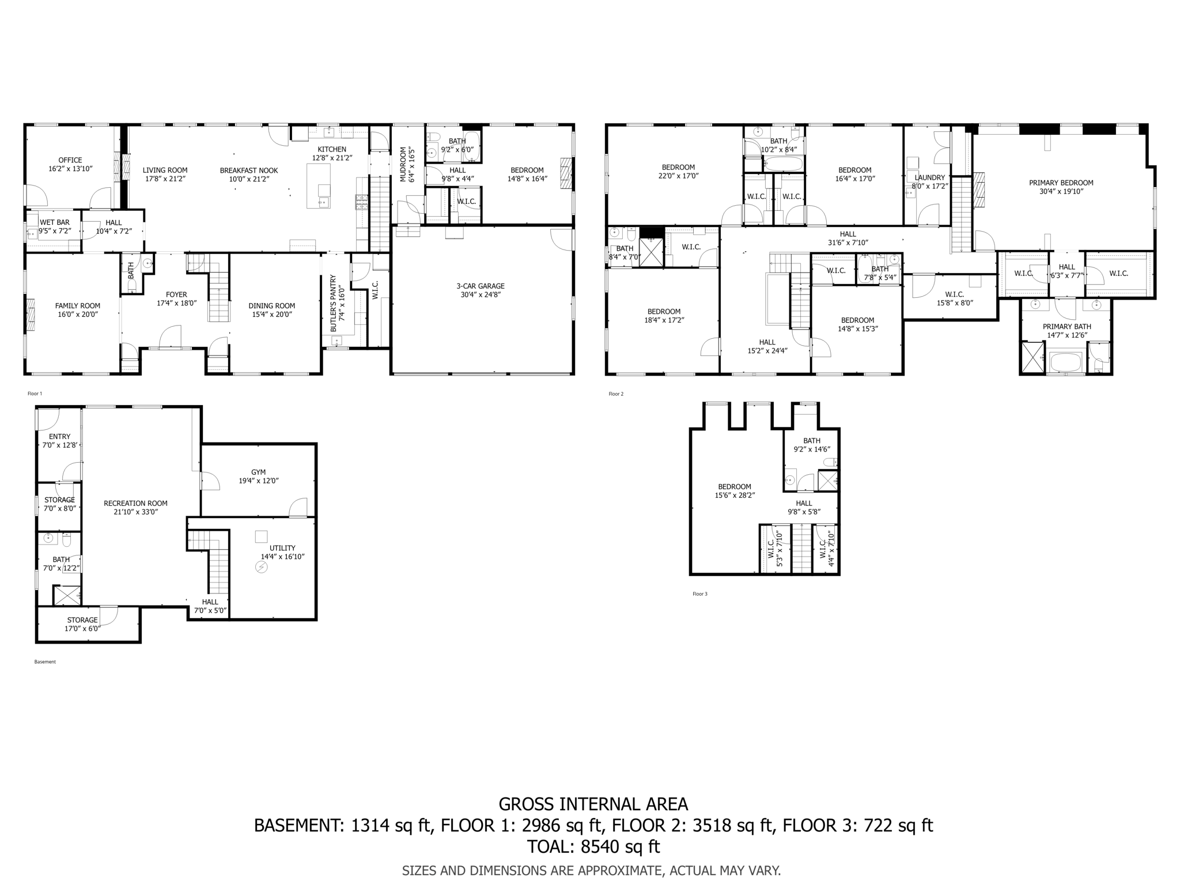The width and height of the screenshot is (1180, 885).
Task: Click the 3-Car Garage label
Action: [480, 286]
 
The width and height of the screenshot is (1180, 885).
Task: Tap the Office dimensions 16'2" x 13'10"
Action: [70, 169]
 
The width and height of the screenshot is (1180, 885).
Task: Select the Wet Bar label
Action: [55, 222]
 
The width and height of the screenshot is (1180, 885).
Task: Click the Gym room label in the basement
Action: [258, 472]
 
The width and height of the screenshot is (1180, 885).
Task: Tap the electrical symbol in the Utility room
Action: [262, 568]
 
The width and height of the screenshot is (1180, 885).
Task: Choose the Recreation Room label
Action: [135, 503]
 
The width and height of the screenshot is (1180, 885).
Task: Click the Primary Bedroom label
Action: [1061, 183]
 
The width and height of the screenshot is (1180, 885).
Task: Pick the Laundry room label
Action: [929, 177]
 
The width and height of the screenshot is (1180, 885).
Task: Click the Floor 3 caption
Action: [699, 594]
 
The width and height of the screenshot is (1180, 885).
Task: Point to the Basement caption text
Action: [45, 662]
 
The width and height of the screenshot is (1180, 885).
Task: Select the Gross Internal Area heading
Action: [593, 804]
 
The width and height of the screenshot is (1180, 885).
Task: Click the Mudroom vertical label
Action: [403, 164]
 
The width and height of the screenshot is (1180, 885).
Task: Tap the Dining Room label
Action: [272, 306]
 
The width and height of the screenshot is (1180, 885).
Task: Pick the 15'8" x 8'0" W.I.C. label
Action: [954, 302]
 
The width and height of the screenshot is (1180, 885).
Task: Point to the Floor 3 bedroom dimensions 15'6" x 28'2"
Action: [735, 495]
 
